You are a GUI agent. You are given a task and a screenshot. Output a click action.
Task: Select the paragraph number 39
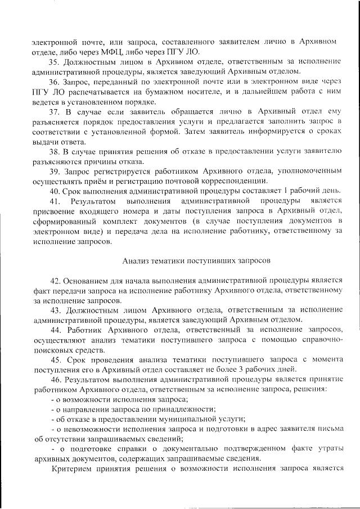pos(55,171)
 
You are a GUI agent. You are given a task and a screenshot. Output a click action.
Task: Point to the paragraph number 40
pos(55,191)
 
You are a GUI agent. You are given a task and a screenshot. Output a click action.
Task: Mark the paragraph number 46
pos(55,379)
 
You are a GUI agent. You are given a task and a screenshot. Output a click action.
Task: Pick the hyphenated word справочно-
pos(318,339)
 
